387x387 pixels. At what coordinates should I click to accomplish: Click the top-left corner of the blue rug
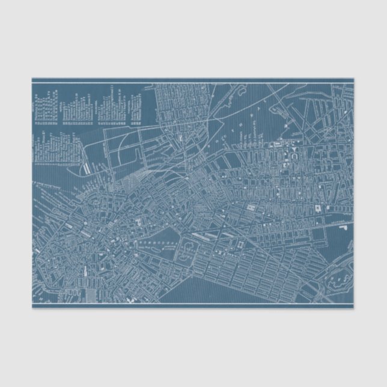click(x=32, y=78)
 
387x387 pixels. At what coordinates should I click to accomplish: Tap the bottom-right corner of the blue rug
click(x=355, y=309)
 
